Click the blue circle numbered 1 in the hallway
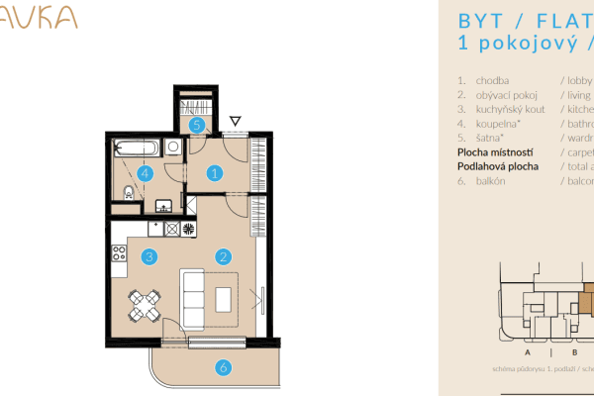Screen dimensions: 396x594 214,172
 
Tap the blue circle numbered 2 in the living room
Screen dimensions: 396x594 224,257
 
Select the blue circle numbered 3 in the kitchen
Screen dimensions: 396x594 148,257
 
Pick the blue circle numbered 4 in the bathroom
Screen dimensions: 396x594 146,172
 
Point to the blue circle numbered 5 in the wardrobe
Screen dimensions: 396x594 197,125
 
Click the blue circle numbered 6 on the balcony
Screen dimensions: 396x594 224,367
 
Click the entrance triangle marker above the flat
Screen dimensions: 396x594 235,122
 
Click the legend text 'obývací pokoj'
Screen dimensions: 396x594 507,96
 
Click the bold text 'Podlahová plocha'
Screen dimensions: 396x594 497,167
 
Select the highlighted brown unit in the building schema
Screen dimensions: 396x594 586,297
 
